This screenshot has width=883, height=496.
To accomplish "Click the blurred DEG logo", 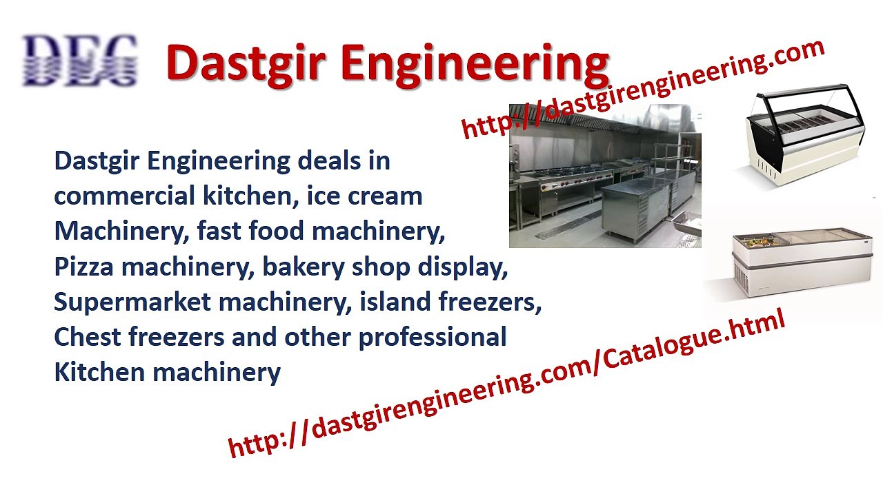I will [x=79, y=61].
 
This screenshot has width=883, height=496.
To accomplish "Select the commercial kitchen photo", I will [x=605, y=176].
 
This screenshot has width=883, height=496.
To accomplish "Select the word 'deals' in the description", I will [x=330, y=161].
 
